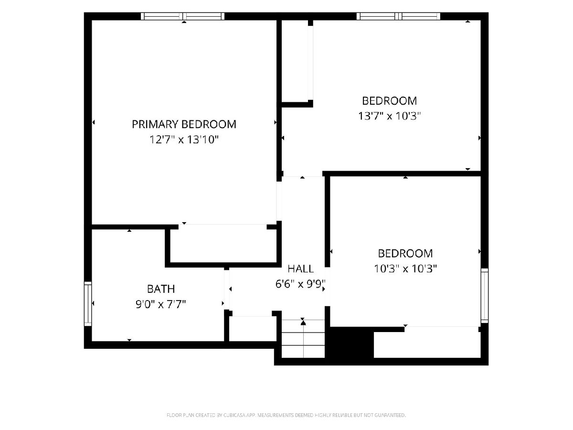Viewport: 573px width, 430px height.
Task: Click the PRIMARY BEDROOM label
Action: [184, 124]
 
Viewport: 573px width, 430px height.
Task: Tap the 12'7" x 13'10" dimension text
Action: [184, 140]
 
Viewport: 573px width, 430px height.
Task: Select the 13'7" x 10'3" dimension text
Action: [390, 116]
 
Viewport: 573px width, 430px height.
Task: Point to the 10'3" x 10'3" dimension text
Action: [405, 269]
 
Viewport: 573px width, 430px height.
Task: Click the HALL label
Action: [300, 269]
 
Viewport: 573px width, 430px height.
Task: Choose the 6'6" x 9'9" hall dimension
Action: [300, 284]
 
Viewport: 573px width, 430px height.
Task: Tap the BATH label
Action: [161, 289]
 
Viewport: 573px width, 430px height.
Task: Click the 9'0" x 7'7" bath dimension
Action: [161, 304]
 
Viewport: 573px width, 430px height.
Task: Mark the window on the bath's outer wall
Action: [88, 304]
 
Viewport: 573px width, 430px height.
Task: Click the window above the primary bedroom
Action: [183, 16]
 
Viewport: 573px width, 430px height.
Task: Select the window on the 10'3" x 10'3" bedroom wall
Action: [485, 296]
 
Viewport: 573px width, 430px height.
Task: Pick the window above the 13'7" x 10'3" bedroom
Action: [399, 16]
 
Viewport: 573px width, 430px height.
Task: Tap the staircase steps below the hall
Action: [303, 339]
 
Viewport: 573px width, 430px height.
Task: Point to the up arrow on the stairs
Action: [303, 323]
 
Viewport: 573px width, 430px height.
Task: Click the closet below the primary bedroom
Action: [223, 246]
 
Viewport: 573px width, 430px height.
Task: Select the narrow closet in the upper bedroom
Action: [295, 61]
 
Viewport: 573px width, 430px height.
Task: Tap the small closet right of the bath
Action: [253, 328]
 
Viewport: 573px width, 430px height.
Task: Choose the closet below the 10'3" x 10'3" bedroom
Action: [427, 342]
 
